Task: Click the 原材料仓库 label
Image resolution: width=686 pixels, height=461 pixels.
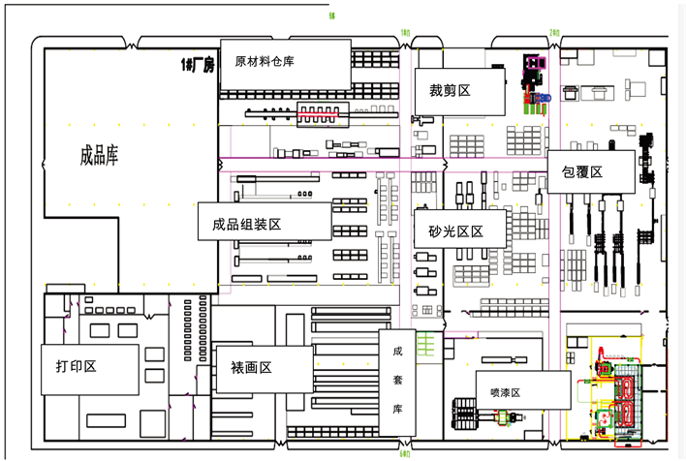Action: [265, 61]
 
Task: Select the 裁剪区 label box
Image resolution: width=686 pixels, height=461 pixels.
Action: [450, 91]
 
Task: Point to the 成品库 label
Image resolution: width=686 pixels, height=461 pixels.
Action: [99, 156]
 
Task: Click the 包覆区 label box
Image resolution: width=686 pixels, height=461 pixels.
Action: [582, 172]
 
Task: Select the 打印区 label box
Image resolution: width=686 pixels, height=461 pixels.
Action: [78, 368]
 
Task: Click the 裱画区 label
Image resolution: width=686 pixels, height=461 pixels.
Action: [251, 369]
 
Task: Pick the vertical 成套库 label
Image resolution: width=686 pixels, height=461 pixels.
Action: [397, 381]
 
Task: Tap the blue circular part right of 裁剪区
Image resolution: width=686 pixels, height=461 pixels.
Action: [545, 98]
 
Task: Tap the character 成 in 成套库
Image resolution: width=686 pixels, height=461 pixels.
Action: [397, 353]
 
